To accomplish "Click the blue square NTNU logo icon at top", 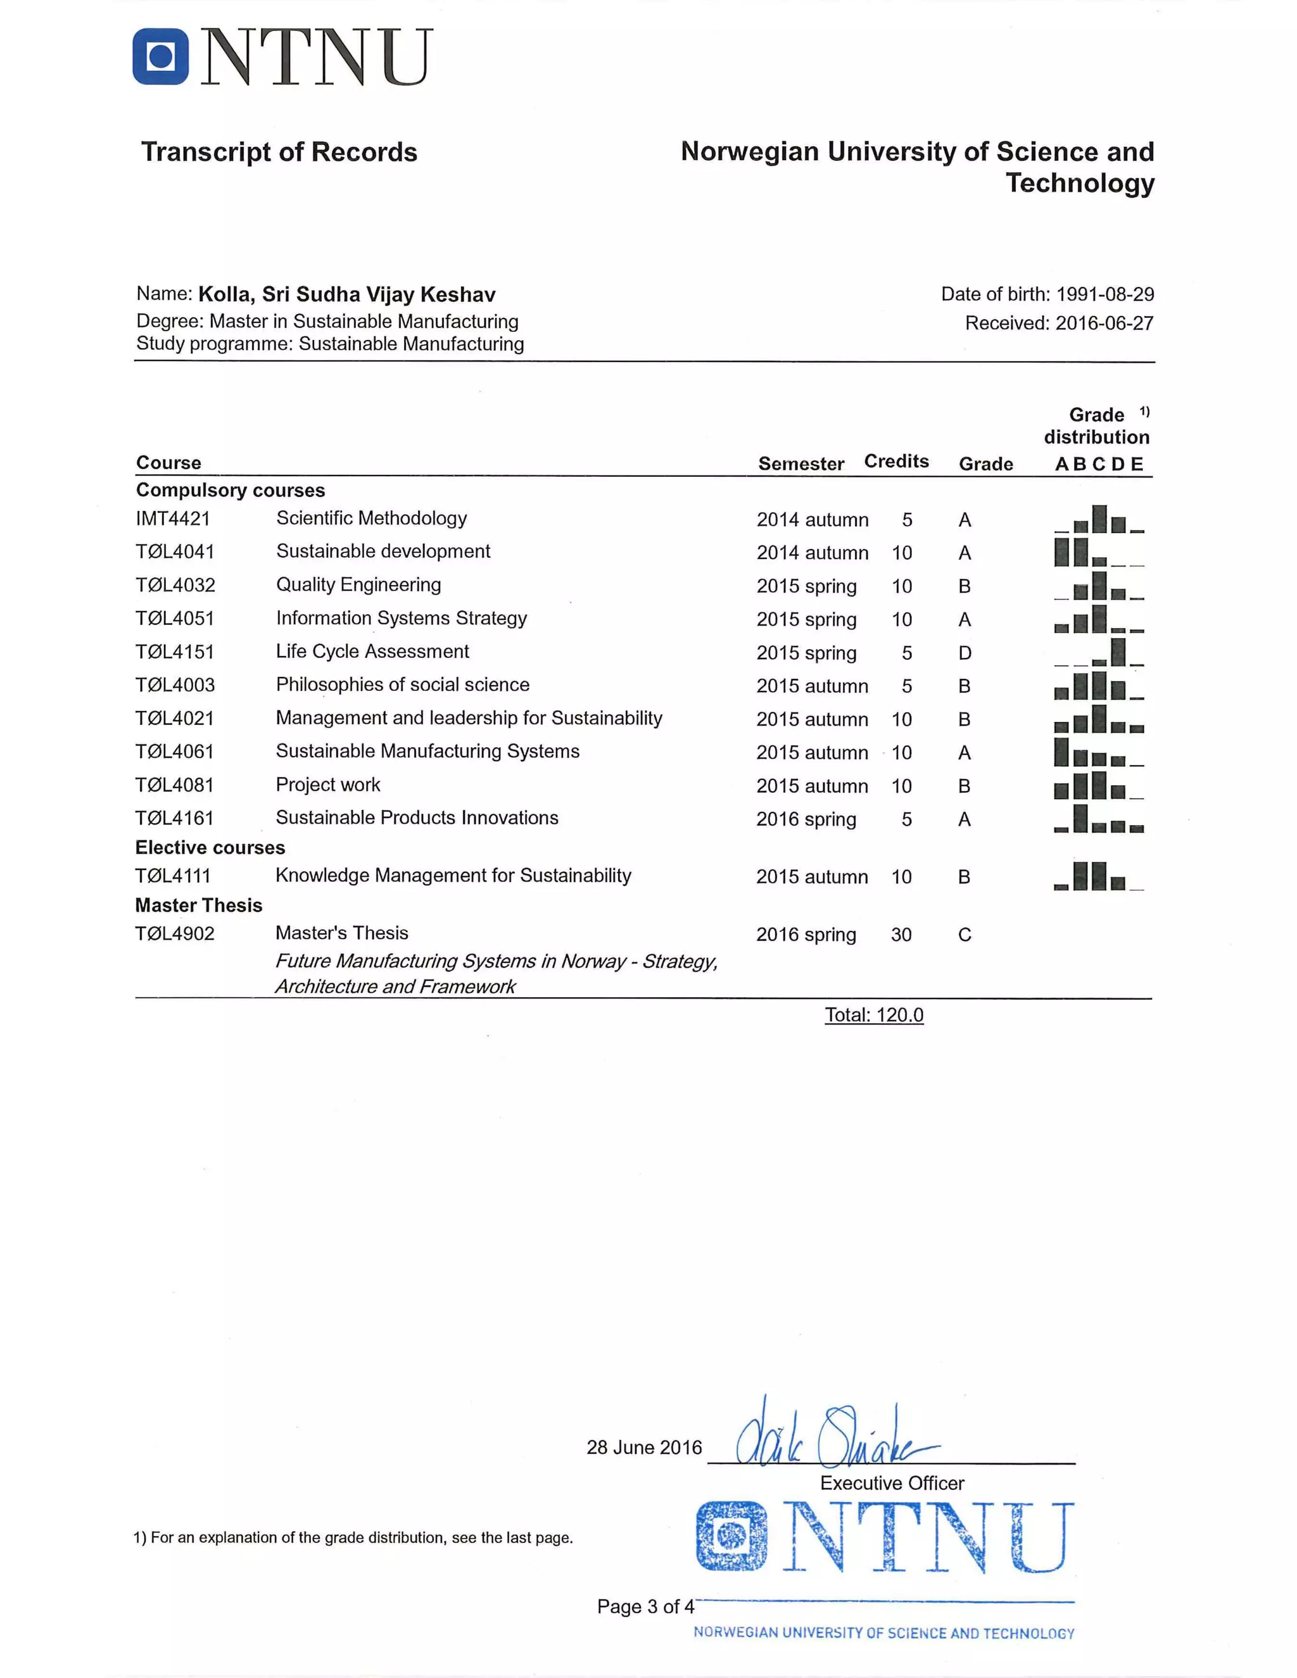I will [x=161, y=56].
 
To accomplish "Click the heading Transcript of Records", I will [x=279, y=152].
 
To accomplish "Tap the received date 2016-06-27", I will [x=1104, y=324].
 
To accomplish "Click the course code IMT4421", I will [x=173, y=519].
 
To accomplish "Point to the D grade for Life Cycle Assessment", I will [x=965, y=653].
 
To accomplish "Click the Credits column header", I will [x=896, y=461].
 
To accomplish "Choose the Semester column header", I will [x=800, y=464].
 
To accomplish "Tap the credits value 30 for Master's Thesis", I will [x=901, y=935].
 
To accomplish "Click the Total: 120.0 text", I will [x=873, y=1015].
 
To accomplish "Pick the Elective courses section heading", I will [x=210, y=847].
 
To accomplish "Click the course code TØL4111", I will [x=173, y=876].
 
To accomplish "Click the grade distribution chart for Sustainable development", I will [x=1099, y=552].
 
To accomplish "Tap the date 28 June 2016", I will [x=644, y=1448].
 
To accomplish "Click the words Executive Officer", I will [x=891, y=1483].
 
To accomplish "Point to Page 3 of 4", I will [x=645, y=1606].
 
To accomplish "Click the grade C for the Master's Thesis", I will [x=965, y=935].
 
